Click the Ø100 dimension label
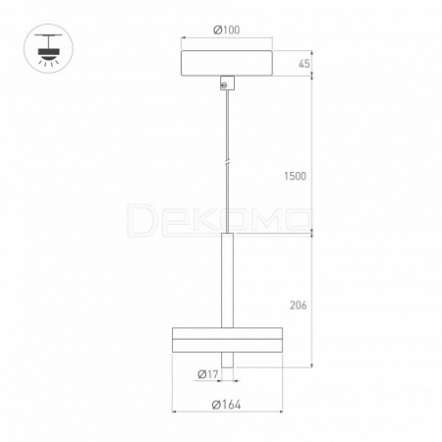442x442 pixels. click(x=226, y=30)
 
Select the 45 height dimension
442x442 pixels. click(x=304, y=64)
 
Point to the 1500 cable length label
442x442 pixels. click(x=295, y=176)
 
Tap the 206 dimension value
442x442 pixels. click(x=299, y=305)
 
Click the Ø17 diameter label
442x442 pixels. click(x=208, y=374)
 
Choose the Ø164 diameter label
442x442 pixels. click(x=227, y=405)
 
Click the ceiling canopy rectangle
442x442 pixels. click(x=227, y=63)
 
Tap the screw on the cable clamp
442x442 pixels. click(x=224, y=85)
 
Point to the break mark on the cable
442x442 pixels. click(x=227, y=162)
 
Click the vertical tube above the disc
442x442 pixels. click(x=227, y=280)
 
